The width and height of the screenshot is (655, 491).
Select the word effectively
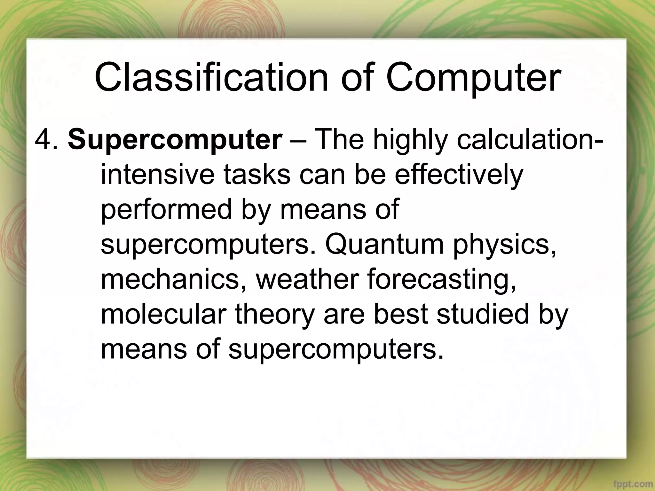pyautogui.click(x=459, y=175)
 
